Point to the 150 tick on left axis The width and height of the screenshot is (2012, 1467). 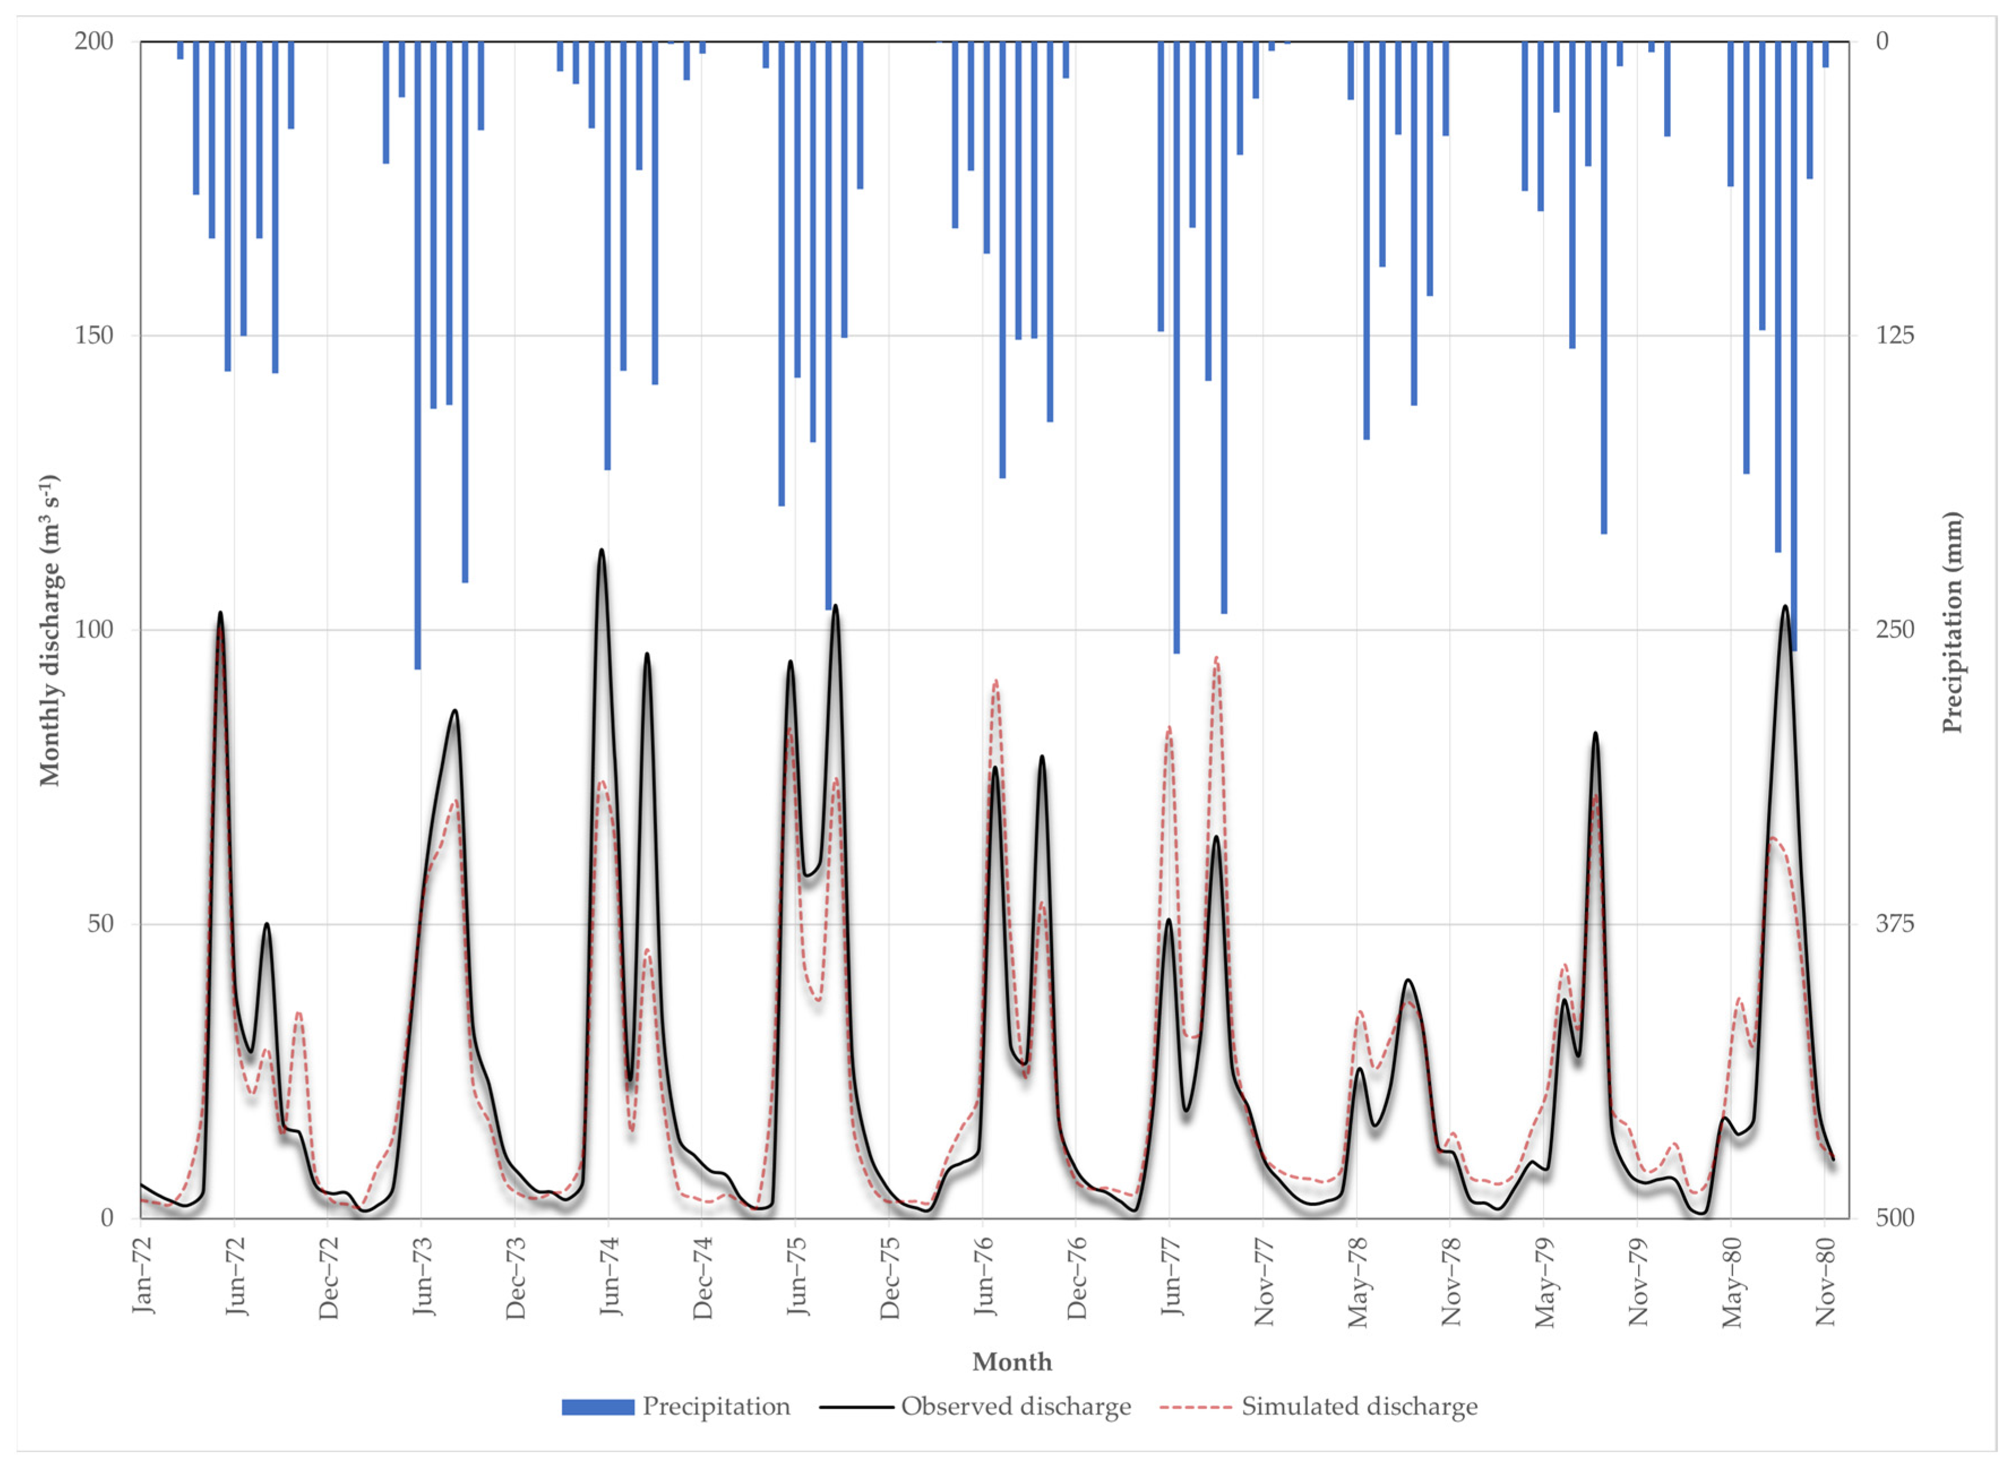pos(94,335)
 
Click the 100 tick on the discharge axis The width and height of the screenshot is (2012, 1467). pos(94,630)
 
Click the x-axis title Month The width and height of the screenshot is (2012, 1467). pos(1011,1362)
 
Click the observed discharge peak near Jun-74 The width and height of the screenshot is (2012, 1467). pos(601,550)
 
